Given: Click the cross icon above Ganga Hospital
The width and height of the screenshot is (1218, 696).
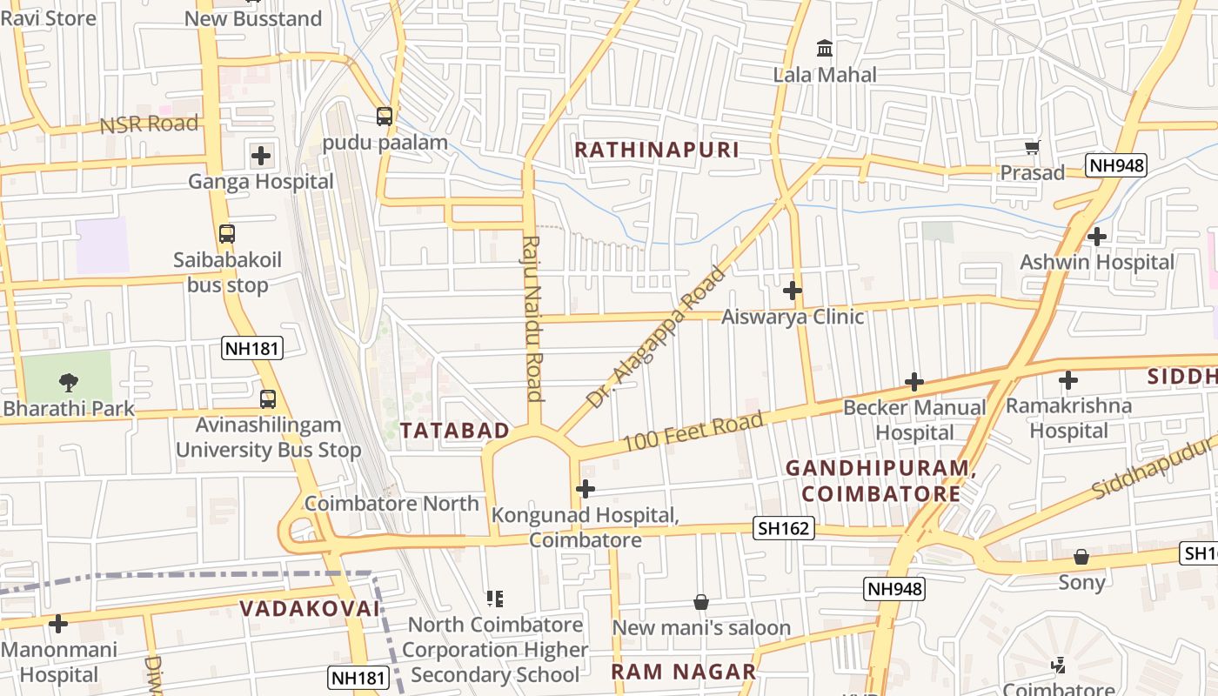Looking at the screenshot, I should tap(261, 157).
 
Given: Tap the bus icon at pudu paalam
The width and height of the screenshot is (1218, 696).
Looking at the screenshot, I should tap(384, 117).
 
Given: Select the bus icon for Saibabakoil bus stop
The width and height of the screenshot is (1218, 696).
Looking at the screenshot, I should tap(227, 234).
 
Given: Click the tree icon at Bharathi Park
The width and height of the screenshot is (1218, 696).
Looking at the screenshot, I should tap(68, 382).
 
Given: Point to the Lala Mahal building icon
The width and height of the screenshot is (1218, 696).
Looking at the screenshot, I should tap(824, 49).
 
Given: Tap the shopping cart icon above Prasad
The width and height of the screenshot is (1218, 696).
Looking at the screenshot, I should tap(1032, 148).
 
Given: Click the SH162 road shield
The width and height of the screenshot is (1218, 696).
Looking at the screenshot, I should tap(784, 528).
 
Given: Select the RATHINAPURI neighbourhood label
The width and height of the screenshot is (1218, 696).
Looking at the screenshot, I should tap(657, 150).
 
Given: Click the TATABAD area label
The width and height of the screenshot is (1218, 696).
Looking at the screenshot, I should tap(455, 430).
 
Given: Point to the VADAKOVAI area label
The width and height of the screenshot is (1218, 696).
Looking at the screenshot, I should tap(310, 608).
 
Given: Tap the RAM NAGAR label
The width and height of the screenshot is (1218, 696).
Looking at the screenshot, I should tap(683, 672).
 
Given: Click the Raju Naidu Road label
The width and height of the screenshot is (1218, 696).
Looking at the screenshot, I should tap(532, 318).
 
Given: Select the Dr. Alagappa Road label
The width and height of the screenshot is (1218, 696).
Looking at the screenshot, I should tap(656, 338).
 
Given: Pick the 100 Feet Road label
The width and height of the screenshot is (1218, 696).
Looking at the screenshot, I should tap(694, 432).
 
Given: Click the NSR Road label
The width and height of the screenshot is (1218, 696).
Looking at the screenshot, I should tap(149, 124).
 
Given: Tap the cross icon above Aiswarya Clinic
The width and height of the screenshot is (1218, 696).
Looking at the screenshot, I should tap(792, 291).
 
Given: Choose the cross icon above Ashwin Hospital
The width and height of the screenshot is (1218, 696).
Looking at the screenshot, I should tap(1097, 236).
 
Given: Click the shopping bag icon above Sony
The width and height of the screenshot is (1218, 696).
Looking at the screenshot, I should tap(1081, 557).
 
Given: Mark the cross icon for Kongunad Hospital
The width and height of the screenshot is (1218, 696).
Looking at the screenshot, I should tap(586, 489).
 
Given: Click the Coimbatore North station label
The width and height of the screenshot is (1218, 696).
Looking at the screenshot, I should tap(391, 503).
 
